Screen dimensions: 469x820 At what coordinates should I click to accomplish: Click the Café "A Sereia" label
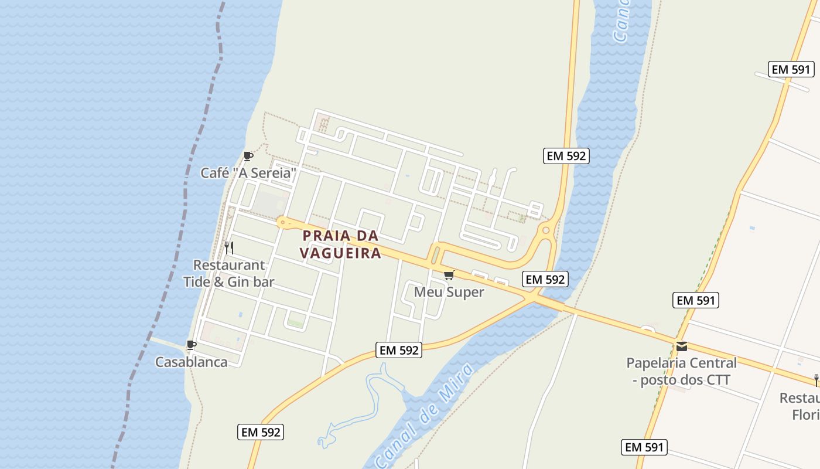click(x=248, y=173)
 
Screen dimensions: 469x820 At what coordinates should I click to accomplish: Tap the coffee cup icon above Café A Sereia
click(x=248, y=156)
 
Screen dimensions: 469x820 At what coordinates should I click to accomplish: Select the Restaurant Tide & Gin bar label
click(x=229, y=273)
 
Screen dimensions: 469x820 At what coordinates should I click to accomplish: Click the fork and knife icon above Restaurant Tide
click(x=229, y=248)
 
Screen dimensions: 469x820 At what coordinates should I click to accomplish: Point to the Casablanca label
click(x=191, y=362)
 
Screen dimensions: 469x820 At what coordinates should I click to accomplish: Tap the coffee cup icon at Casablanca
click(x=191, y=345)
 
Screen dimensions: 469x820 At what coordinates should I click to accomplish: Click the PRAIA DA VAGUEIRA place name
click(x=340, y=244)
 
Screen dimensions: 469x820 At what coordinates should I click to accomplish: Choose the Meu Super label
click(x=449, y=292)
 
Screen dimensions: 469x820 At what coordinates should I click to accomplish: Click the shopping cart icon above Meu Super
click(x=449, y=275)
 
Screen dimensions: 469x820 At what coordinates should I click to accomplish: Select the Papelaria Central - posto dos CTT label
click(x=681, y=371)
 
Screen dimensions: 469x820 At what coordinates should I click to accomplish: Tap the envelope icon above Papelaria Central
click(x=681, y=346)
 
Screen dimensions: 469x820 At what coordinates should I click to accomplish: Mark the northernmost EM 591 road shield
click(x=791, y=69)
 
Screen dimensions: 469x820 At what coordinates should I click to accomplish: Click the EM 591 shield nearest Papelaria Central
click(x=696, y=300)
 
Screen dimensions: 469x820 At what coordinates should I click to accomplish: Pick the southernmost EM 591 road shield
click(x=644, y=447)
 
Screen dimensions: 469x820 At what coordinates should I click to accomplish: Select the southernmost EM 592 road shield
click(x=261, y=432)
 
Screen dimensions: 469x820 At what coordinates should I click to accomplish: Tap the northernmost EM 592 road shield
click(x=566, y=155)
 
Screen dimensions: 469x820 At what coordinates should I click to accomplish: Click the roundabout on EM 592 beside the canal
click(x=546, y=230)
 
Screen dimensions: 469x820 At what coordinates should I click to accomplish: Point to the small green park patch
click(x=295, y=323)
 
